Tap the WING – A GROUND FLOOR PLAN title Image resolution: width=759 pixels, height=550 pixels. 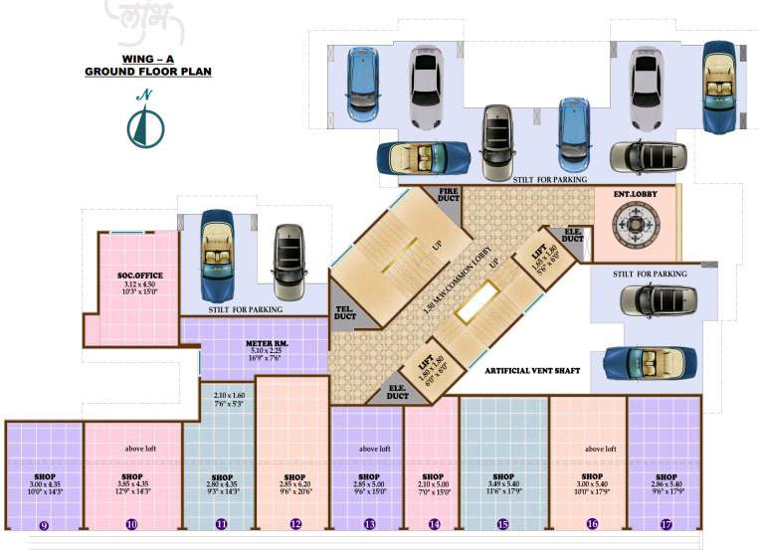(146, 66)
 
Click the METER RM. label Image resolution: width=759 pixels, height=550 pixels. (266, 343)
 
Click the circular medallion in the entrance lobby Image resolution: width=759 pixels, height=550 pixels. (634, 225)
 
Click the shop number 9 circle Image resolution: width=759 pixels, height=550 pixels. (44, 524)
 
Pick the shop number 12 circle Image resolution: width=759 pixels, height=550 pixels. (295, 524)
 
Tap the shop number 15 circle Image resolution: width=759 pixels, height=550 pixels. (502, 524)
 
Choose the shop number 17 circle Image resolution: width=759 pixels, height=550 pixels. (664, 524)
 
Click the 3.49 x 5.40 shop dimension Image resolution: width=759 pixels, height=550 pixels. (502, 483)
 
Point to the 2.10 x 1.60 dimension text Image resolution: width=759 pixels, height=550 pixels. (221, 395)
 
